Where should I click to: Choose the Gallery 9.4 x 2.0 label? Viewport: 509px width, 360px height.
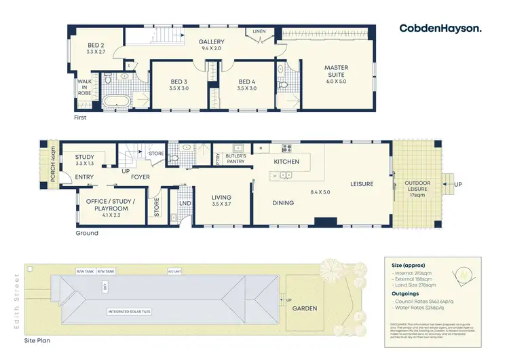click(211, 45)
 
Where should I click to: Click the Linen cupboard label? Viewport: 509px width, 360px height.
click(259, 31)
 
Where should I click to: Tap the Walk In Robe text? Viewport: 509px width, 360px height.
click(84, 87)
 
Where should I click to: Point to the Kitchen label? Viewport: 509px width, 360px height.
click(286, 162)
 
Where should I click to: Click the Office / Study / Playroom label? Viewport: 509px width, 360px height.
click(110, 206)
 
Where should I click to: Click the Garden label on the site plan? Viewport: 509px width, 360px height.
click(305, 308)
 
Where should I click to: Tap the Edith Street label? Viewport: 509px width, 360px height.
click(17, 300)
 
